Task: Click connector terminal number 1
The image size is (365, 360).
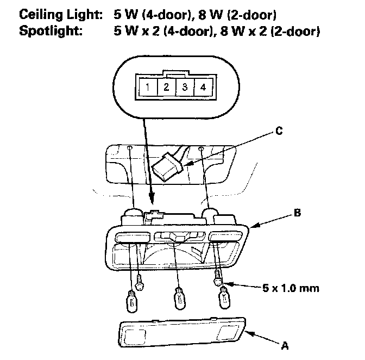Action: coord(147,87)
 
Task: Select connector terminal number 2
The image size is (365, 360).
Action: coord(167,87)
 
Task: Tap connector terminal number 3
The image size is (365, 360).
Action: coord(185,87)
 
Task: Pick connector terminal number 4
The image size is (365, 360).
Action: coord(203,87)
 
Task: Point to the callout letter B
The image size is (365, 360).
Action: coord(297,214)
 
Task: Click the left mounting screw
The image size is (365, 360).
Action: coord(140,282)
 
